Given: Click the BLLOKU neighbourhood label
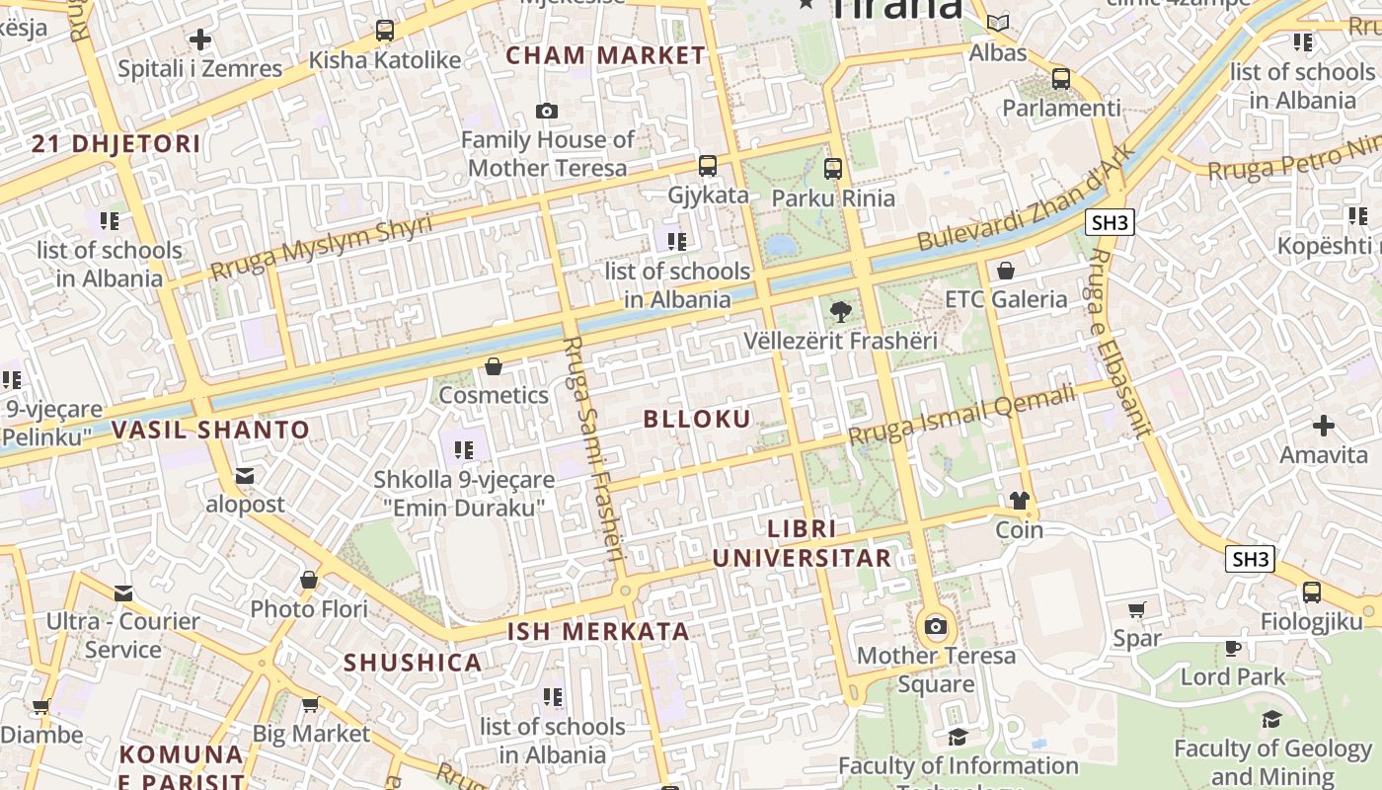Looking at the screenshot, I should click(x=697, y=419).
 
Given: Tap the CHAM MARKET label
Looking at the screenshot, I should click(x=606, y=56).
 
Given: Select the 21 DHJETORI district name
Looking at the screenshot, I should click(x=115, y=144).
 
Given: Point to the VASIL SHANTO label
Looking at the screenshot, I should click(x=210, y=430).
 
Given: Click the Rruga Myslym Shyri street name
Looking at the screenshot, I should click(x=321, y=247).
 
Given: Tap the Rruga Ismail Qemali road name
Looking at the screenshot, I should click(x=961, y=416).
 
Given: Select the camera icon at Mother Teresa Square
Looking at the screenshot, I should click(x=936, y=626).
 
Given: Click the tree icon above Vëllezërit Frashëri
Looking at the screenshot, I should click(x=840, y=313).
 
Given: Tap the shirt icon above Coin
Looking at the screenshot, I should click(x=1020, y=501).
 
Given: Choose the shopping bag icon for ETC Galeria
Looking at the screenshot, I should click(x=1006, y=270).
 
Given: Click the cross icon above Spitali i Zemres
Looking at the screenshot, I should click(x=200, y=39).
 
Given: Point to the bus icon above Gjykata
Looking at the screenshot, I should click(x=708, y=166).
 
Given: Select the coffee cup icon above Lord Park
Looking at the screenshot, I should click(x=1233, y=648).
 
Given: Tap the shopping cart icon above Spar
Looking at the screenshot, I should click(x=1137, y=609).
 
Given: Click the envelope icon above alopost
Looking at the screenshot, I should click(x=245, y=476).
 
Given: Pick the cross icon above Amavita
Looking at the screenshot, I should click(x=1324, y=426).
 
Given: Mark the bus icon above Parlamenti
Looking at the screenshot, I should click(x=1061, y=79).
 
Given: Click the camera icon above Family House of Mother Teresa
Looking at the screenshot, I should click(x=547, y=111).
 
